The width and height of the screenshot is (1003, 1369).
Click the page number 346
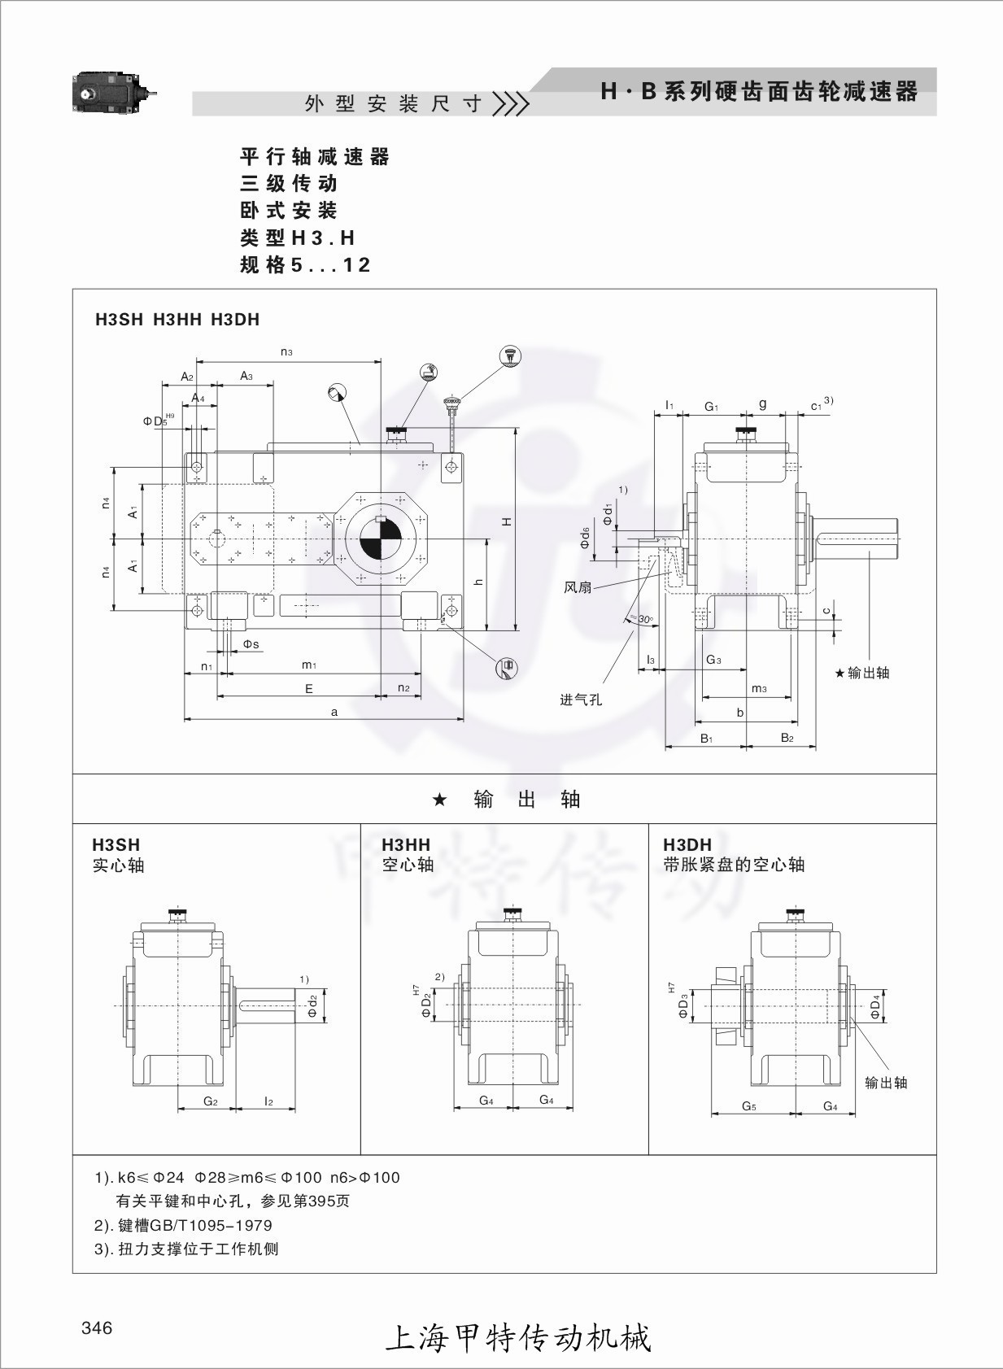(x=97, y=1328)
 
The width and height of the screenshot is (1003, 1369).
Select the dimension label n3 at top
(x=286, y=351)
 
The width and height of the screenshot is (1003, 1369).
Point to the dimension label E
(x=309, y=689)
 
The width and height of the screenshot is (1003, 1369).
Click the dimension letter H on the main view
(x=507, y=521)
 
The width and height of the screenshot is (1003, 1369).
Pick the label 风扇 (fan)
(x=578, y=586)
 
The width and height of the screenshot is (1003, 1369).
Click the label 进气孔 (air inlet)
(x=581, y=700)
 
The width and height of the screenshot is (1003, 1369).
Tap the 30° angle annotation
(x=644, y=620)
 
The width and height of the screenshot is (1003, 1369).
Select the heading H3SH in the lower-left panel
(x=116, y=844)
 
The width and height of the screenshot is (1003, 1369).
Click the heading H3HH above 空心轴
(x=406, y=844)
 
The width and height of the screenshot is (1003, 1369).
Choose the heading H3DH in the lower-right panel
(x=687, y=844)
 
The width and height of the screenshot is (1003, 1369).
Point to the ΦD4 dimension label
(x=875, y=1006)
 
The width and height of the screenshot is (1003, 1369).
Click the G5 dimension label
(x=749, y=1106)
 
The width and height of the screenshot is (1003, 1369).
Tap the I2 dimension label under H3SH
(x=268, y=1101)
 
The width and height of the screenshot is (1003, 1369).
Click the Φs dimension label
(x=251, y=644)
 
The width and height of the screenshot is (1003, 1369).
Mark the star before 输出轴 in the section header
(x=439, y=800)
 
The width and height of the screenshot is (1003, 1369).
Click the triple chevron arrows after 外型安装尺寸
(x=512, y=104)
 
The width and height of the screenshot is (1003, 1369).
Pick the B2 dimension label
(x=787, y=738)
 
